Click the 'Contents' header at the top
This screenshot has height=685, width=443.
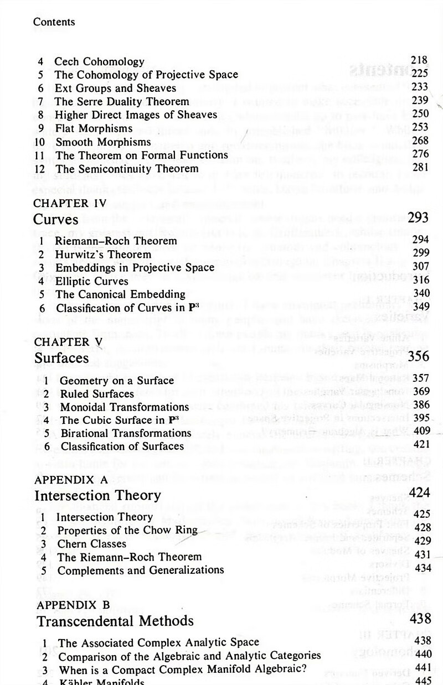click(54, 22)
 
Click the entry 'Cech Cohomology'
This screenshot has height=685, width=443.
click(99, 61)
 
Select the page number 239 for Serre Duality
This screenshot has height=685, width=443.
click(420, 100)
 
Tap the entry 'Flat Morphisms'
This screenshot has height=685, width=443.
click(93, 128)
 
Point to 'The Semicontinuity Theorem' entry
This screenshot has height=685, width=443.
click(127, 168)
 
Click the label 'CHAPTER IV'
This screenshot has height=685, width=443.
click(69, 203)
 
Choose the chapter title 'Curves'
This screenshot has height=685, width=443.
click(56, 219)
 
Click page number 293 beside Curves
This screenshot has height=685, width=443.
click(418, 217)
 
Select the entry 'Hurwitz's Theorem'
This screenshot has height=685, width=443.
click(103, 254)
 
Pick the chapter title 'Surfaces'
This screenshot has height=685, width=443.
click(61, 358)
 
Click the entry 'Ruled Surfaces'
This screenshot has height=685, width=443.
click(97, 393)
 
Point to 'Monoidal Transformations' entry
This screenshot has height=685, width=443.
click(124, 407)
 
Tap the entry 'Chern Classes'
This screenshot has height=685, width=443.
click(92, 543)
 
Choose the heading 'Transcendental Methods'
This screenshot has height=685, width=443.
click(115, 621)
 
